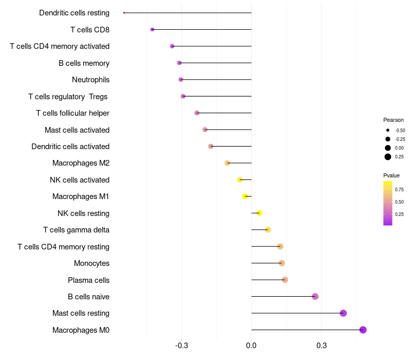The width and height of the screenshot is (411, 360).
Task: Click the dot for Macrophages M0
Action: click(363, 330)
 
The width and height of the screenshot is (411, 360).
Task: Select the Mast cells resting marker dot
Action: click(343, 313)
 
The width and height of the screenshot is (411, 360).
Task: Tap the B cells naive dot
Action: click(315, 296)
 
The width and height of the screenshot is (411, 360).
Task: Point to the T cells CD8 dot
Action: click(152, 29)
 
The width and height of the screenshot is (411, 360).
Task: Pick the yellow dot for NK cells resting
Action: click(259, 213)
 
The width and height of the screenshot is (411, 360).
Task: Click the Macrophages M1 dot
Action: click(245, 196)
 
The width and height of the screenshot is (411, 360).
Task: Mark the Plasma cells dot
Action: click(285, 280)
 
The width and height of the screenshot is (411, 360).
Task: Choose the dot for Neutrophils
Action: click(180, 79)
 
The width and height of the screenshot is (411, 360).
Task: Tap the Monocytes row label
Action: click(91, 263)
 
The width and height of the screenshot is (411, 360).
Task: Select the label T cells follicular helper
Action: click(72, 113)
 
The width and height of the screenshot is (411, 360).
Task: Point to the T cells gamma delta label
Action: click(76, 230)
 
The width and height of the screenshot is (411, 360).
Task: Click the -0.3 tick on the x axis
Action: click(181, 345)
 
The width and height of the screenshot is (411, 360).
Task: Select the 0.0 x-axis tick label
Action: click(251, 345)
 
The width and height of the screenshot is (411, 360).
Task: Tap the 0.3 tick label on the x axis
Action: click(321, 345)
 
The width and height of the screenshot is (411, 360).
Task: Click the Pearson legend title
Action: click(394, 120)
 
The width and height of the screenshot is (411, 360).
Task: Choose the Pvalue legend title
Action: click(391, 175)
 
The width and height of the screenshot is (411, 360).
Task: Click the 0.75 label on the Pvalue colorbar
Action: click(399, 189)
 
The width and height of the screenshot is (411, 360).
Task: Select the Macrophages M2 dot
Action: click(227, 163)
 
